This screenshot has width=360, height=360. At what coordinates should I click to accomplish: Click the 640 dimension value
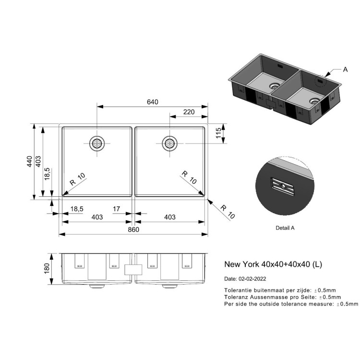(153, 102)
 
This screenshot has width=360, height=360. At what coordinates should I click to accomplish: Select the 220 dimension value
(189, 112)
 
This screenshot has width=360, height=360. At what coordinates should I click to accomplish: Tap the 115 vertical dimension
(218, 132)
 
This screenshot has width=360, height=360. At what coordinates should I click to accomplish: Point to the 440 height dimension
(30, 161)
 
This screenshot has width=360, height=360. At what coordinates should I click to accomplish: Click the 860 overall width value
(133, 229)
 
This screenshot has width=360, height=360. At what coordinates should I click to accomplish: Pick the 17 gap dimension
(117, 209)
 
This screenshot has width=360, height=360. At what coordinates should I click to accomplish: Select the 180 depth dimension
(47, 268)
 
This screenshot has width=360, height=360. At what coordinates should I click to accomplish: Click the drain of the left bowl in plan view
(97, 144)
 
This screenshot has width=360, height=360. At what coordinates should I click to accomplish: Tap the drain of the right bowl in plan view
(169, 144)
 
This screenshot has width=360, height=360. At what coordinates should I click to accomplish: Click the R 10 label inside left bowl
(77, 179)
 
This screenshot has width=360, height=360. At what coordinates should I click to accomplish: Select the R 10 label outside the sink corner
(228, 212)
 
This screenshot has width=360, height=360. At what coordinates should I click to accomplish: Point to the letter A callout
(345, 69)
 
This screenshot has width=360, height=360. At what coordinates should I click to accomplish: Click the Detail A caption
(285, 228)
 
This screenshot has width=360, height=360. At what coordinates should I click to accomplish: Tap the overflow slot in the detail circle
(283, 187)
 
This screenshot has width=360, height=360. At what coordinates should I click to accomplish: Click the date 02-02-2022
(252, 279)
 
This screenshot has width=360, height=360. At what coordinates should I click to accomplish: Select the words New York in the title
(241, 264)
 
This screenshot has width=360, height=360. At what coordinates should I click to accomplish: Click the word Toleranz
(236, 297)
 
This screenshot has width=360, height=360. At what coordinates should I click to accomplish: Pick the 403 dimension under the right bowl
(169, 217)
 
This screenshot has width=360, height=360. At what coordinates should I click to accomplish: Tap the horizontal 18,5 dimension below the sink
(77, 209)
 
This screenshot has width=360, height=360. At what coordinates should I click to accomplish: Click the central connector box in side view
(133, 270)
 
